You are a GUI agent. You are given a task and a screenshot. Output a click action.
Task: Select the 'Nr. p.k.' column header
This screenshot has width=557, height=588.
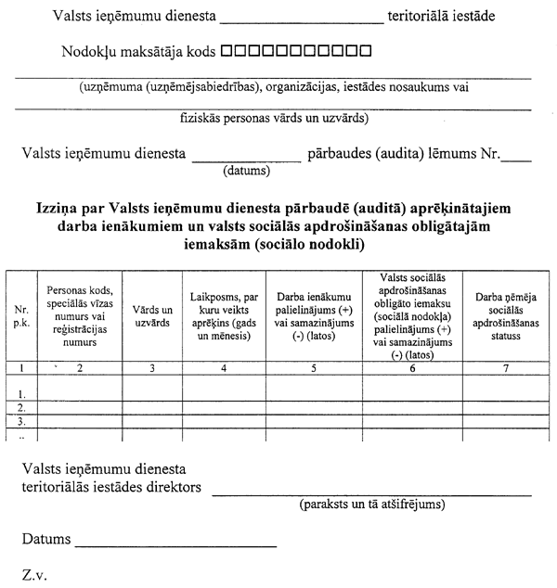(20, 314)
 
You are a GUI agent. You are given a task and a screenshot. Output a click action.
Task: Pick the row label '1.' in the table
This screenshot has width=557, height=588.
(20, 393)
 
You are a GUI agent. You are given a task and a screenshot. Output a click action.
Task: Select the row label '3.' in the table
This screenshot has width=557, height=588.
(20, 421)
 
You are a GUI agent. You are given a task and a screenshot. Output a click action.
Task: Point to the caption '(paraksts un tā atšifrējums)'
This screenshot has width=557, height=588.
(371, 505)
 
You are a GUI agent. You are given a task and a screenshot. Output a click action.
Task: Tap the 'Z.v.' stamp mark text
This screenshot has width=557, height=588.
(35, 573)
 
